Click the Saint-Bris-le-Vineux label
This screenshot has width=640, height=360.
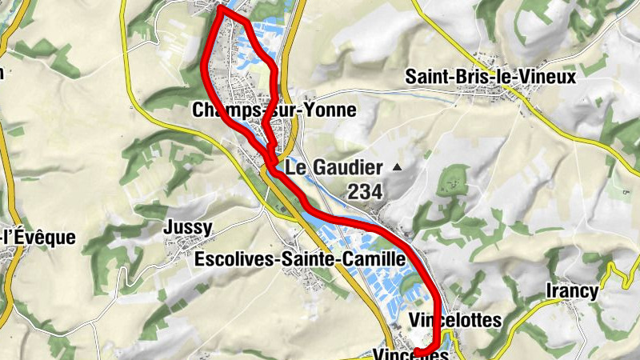(490, 77)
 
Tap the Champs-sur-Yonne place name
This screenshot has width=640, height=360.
(274, 110)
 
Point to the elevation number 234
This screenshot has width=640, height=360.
(365, 192)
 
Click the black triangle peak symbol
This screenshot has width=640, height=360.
(398, 167)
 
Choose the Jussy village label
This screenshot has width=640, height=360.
(188, 227)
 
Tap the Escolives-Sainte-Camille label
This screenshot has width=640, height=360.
(300, 259)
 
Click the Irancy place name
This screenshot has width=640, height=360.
(572, 291)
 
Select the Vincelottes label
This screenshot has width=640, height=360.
(454, 320)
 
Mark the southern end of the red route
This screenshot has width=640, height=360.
(416, 351)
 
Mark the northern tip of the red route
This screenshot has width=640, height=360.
(220, 8)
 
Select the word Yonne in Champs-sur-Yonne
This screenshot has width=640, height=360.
(327, 110)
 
